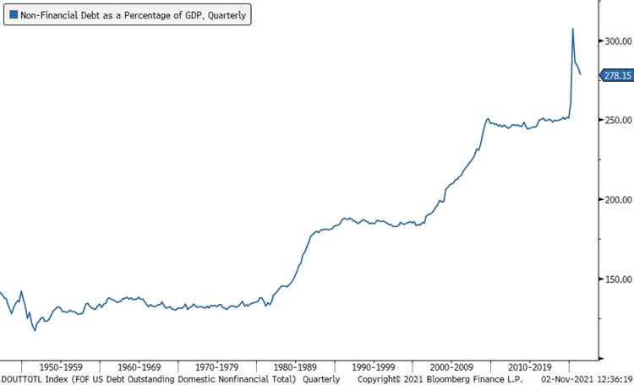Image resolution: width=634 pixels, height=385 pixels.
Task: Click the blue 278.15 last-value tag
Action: tap(617, 76)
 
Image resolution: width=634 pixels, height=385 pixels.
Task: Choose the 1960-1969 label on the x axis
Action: tap(139, 367)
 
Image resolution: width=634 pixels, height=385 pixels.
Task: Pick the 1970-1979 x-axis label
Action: tap(217, 367)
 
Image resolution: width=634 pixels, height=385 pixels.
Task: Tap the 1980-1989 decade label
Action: tap(296, 367)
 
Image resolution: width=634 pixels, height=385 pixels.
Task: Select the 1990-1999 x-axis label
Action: tap(374, 367)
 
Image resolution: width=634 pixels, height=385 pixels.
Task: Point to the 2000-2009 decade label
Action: tap(452, 367)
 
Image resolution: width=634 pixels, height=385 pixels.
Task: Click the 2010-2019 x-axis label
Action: tap(530, 367)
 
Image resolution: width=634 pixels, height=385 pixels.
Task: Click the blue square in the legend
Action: tap(11, 15)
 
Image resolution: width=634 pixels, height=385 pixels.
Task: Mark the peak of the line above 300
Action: tap(572, 29)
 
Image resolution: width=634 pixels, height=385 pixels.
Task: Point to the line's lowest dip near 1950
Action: tap(35, 330)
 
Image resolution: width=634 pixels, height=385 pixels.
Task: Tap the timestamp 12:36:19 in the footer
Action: tap(611, 379)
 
